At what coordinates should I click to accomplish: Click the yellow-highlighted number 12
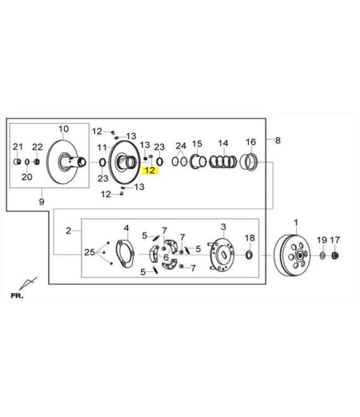coord(150,170)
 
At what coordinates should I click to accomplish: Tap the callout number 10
coord(64,129)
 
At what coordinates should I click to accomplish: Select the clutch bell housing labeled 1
coord(292,256)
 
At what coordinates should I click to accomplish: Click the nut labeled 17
coord(335,256)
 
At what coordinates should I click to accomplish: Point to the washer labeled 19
coord(322,256)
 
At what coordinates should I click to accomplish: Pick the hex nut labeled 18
coord(249,255)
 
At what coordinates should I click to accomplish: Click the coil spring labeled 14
coord(223,162)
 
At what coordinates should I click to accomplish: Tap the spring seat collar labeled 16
coord(249,162)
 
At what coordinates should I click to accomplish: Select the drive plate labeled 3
coord(222,255)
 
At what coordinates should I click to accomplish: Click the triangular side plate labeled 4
coord(125,254)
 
